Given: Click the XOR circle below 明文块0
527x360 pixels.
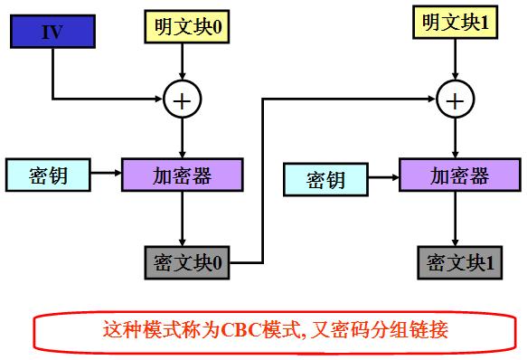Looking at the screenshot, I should tap(183, 99).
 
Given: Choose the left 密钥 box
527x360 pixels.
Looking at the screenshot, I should tap(49, 175).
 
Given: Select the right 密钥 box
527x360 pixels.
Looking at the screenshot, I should tap(326, 179).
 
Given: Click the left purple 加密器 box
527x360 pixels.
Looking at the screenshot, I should tap(183, 175).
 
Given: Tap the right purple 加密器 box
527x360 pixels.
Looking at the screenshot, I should tap(459, 174).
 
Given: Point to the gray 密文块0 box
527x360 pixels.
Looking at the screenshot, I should tap(188, 262).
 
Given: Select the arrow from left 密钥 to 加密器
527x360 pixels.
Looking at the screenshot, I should tap(107, 175).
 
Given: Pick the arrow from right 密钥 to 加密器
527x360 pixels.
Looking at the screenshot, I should tap(383, 175).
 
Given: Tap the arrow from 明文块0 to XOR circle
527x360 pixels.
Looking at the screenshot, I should tap(183, 62).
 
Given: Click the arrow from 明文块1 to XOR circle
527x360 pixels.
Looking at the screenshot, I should tap(456, 59).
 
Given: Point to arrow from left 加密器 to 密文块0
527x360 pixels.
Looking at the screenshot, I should tap(184, 217).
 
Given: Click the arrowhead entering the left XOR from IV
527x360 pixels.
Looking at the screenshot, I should tap(159, 99).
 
